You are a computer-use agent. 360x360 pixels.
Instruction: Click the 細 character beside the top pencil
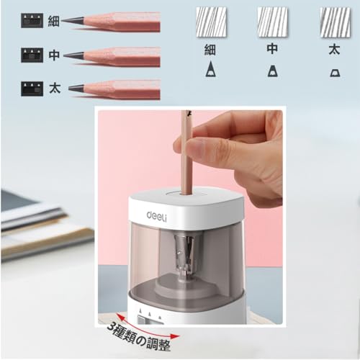coord(53,21)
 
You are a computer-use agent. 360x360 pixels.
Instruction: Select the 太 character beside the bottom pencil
coord(53,89)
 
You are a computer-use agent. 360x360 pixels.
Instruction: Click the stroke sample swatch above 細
coord(210,22)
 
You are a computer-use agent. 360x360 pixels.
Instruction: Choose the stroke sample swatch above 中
coord(272,22)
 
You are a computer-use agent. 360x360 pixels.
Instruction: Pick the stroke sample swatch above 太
coord(335,22)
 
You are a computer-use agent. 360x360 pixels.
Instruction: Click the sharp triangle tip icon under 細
coord(210,70)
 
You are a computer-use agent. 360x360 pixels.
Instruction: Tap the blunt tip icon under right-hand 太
coord(335,71)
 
